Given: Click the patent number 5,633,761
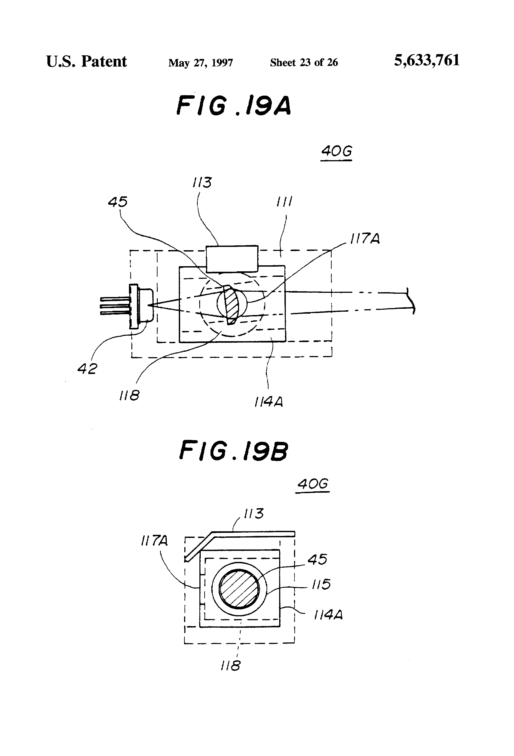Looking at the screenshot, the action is (427, 61).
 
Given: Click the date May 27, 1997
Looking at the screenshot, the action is (201, 63).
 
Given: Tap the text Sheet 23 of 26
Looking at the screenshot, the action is (304, 63).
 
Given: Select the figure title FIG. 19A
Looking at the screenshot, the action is (234, 105).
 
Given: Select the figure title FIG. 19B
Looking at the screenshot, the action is (234, 450).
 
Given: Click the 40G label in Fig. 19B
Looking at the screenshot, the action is (313, 484).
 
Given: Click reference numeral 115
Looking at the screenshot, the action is (321, 584).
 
